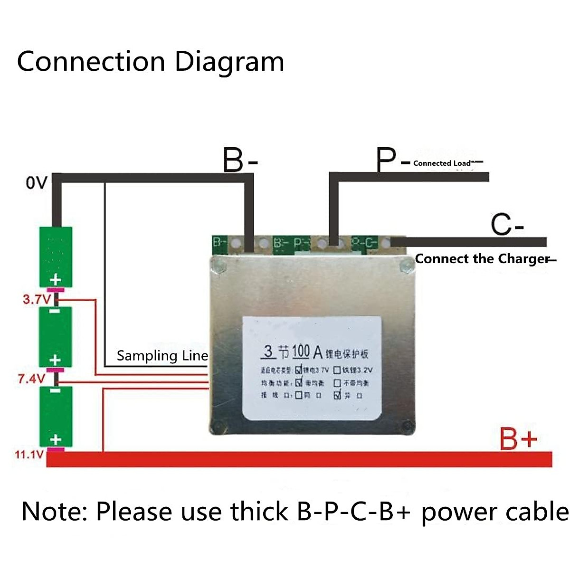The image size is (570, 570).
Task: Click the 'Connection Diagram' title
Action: point(151,62)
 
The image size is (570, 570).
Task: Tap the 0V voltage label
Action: point(37,183)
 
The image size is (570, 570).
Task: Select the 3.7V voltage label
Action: point(36,299)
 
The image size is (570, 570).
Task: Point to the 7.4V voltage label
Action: point(31,379)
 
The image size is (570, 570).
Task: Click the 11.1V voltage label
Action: point(29,455)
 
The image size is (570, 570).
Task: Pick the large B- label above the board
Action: point(240,160)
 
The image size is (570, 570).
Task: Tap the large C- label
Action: point(507,225)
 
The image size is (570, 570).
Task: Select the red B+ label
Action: point(518,439)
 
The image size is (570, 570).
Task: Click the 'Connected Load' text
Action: point(442,163)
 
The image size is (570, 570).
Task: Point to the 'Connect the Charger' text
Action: point(482,259)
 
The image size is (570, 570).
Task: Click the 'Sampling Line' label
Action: point(162,356)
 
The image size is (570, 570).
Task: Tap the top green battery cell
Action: point(56,256)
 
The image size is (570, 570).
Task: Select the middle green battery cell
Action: point(56,337)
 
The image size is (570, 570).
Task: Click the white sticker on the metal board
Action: point(312,368)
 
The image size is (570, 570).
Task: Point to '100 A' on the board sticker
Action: point(307,352)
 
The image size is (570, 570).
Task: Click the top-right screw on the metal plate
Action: point(406,266)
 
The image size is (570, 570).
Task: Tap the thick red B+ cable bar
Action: point(299,459)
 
